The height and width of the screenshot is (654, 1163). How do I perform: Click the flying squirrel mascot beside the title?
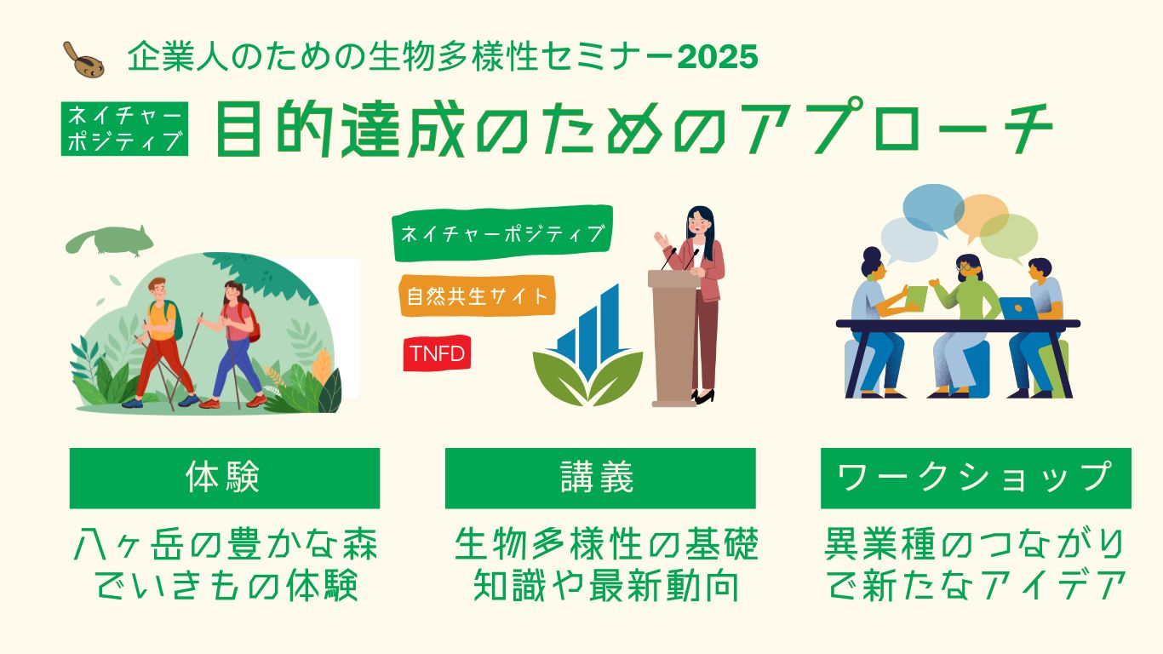83,60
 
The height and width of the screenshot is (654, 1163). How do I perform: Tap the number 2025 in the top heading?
718,56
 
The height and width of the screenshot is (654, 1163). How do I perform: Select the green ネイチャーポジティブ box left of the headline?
124,129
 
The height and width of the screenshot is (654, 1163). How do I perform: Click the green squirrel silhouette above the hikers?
110,240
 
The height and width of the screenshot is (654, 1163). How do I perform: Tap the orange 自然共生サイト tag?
477,295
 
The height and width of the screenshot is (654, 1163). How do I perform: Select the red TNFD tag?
437,353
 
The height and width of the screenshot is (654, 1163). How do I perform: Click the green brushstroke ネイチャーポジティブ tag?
502,232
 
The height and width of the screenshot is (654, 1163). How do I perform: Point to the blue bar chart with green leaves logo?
587,346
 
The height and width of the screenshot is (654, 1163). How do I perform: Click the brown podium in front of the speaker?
674,338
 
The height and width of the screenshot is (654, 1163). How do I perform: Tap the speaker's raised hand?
662,240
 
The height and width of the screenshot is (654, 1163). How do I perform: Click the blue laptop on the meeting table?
1018,308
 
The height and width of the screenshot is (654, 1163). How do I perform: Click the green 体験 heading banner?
225,478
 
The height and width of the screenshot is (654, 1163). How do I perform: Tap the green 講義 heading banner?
600,478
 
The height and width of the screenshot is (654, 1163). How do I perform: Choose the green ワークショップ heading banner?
976,478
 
